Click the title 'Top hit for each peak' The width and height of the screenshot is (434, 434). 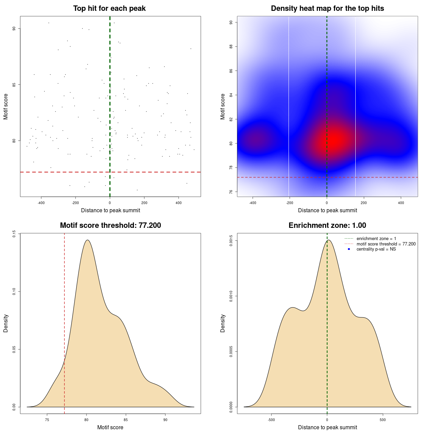tap(109, 8)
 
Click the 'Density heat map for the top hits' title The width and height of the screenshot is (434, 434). tap(327, 8)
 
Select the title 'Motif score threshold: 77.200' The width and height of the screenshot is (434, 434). tap(110, 225)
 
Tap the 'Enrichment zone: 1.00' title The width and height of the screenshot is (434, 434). tap(327, 225)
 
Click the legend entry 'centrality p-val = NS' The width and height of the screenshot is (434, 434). tap(376, 249)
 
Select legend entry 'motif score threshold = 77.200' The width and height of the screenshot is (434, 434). tap(386, 244)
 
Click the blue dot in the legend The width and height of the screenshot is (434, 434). tap(349, 249)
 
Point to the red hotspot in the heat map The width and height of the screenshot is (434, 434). tap(334, 139)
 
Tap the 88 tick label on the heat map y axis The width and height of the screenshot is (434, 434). tap(231, 46)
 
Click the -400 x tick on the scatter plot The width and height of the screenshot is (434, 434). tap(41, 203)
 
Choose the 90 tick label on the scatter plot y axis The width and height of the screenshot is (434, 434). tap(14, 28)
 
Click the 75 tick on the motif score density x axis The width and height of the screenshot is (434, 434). tap(47, 420)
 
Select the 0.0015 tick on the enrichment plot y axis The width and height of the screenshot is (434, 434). tap(231, 241)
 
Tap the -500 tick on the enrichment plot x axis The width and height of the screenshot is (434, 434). tap(271, 420)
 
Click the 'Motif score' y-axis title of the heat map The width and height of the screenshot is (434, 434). tap(223, 106)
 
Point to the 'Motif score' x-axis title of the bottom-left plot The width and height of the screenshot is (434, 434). tap(110, 427)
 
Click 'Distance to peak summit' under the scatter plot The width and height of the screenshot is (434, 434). tap(111, 210)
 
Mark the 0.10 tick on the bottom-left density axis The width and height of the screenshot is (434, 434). tap(14, 292)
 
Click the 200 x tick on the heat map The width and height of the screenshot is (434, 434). tap(364, 203)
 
